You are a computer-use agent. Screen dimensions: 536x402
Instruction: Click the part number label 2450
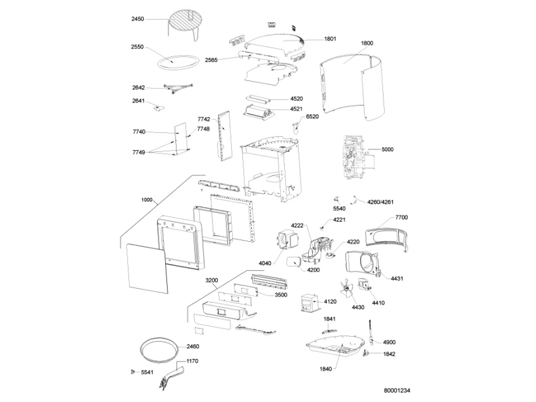point(137,19)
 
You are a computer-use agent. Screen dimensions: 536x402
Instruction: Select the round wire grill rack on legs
point(182,24)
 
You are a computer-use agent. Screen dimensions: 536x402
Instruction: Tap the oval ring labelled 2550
point(178,63)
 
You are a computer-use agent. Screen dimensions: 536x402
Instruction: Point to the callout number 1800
point(367,43)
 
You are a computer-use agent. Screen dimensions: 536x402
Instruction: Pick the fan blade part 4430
point(348,289)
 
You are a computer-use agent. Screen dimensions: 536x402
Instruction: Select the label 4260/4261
point(380,202)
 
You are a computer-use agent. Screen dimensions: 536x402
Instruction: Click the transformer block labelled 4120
point(310,303)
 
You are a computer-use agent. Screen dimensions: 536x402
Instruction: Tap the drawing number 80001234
point(397,391)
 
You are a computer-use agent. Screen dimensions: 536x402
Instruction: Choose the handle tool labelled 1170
point(171,377)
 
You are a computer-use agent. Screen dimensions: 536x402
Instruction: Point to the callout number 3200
point(211,280)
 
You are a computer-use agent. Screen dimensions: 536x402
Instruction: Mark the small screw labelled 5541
point(133,372)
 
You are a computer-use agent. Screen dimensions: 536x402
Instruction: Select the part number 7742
point(204,119)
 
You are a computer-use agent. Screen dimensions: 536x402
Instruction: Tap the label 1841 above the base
point(330,319)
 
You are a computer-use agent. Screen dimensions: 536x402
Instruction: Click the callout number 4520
point(296,99)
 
